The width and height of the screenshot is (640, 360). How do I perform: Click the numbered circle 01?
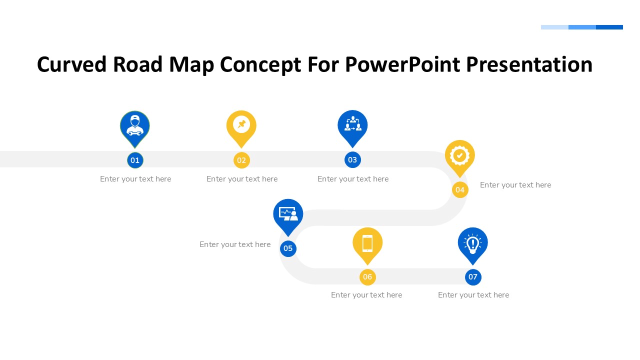(x=135, y=160)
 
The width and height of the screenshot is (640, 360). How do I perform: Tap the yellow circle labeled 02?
(x=241, y=160)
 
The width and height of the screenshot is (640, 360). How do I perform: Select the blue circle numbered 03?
(x=352, y=160)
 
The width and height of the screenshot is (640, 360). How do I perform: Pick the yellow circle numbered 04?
(x=460, y=190)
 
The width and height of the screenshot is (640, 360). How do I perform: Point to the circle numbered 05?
(x=288, y=248)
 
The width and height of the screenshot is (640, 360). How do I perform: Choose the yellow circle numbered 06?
(x=367, y=277)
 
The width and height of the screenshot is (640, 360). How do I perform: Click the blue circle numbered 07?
(x=473, y=277)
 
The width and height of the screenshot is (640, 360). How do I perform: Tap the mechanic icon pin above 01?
(x=135, y=125)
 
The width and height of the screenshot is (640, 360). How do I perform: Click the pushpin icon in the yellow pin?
(x=241, y=124)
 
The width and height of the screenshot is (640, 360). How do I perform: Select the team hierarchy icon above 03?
(x=352, y=124)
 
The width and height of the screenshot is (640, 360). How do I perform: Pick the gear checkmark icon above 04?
(x=459, y=155)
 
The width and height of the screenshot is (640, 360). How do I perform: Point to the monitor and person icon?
(x=288, y=214)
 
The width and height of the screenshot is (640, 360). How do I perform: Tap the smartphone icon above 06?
(x=367, y=243)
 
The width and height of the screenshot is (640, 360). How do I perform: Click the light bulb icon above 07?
(x=472, y=243)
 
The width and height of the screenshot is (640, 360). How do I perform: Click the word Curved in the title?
(x=71, y=65)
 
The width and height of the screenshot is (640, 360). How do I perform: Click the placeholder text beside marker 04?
(x=515, y=185)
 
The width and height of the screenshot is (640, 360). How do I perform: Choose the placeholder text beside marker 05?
(x=235, y=244)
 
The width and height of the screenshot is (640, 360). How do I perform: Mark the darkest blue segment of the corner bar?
(x=609, y=27)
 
